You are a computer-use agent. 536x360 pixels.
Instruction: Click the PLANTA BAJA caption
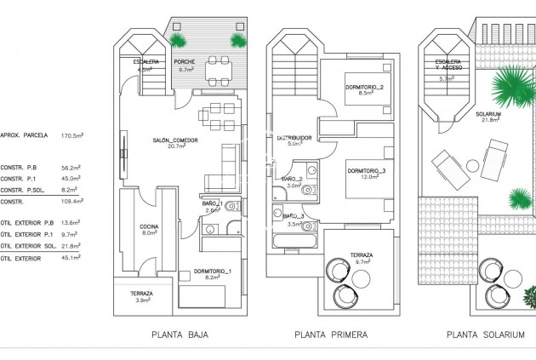[180, 334]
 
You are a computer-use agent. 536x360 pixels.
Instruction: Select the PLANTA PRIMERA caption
[331, 334]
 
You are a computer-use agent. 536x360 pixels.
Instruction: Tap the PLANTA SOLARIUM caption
[485, 334]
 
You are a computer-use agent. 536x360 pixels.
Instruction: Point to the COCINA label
[149, 226]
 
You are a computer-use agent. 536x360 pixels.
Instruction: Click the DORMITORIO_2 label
[365, 88]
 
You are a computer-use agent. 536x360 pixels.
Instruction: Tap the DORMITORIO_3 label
[367, 171]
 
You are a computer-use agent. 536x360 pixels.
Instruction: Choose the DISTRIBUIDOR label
[294, 138]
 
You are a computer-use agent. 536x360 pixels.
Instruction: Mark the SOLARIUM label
[488, 114]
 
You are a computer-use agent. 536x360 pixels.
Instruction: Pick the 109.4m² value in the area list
[72, 202]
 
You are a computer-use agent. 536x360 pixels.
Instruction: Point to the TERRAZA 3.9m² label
[141, 296]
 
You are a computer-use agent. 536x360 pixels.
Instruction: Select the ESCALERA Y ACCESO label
[448, 66]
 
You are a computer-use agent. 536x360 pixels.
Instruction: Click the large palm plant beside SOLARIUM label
[507, 85]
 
